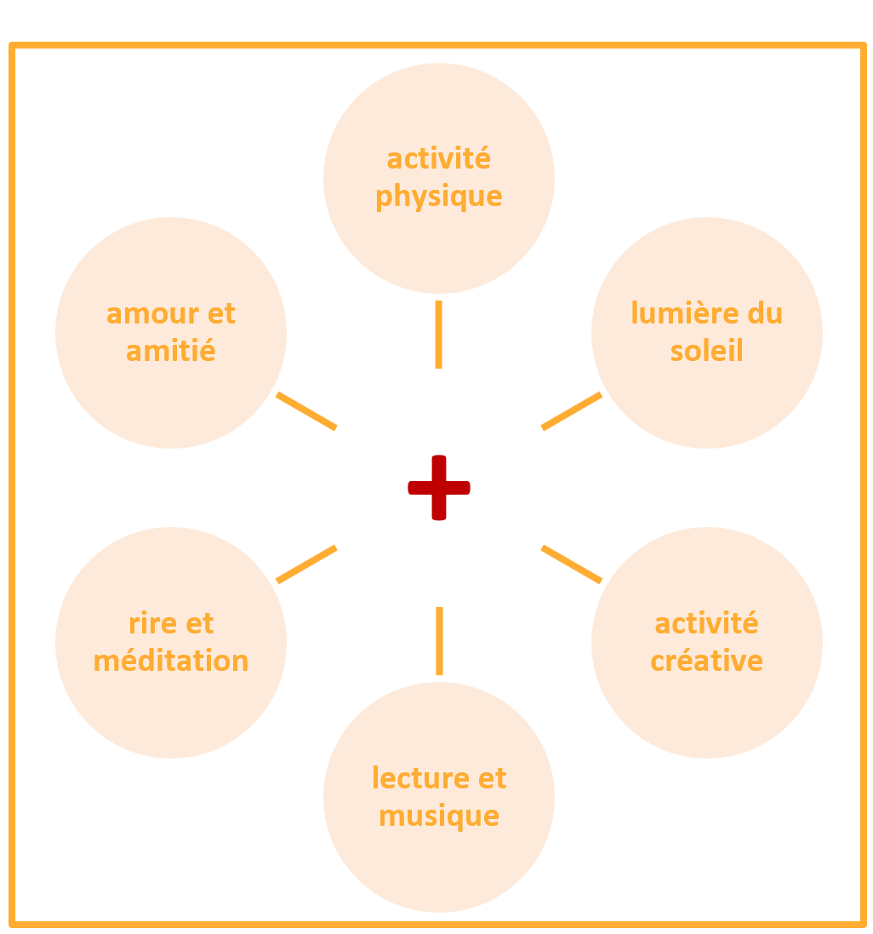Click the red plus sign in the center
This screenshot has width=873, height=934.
(x=439, y=488)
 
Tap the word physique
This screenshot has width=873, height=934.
(x=439, y=197)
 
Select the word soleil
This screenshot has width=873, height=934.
(x=707, y=351)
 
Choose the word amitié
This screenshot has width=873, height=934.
(x=171, y=351)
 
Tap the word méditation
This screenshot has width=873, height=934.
(x=171, y=661)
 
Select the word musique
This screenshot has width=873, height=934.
(x=439, y=816)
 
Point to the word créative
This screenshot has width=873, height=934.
(x=707, y=661)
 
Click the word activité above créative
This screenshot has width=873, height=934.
(x=707, y=623)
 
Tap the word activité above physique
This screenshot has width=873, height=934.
(x=439, y=159)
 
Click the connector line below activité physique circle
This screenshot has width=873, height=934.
(x=439, y=335)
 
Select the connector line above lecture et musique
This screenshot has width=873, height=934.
(x=439, y=641)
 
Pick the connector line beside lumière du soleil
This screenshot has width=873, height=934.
(x=572, y=411)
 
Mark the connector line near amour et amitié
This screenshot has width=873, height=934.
(x=307, y=411)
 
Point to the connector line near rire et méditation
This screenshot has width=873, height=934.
(x=307, y=564)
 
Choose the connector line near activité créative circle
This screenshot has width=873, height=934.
(x=572, y=564)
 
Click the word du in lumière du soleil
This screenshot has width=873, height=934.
(x=765, y=313)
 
